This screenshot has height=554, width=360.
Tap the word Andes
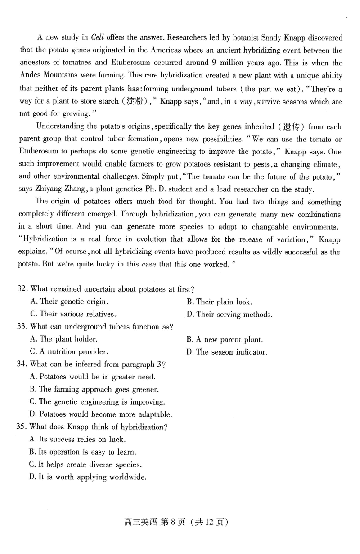(30, 76)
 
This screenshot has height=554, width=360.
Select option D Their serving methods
(229, 314)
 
